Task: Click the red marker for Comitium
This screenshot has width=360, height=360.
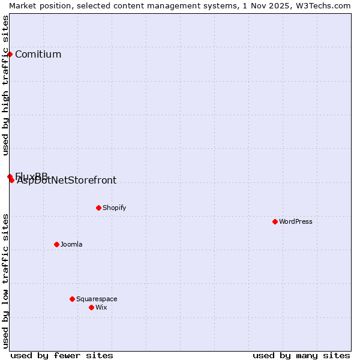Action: (x=10, y=54)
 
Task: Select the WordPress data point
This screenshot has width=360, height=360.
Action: (x=275, y=221)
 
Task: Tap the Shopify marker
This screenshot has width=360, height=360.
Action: (x=98, y=208)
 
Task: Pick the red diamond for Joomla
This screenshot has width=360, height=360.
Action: (x=56, y=244)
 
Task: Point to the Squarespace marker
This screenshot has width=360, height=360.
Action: (x=72, y=299)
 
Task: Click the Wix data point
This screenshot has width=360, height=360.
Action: (x=91, y=307)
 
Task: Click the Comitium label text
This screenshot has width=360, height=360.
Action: (x=38, y=54)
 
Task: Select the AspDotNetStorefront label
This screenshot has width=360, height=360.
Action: (x=67, y=181)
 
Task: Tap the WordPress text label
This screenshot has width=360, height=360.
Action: (x=296, y=221)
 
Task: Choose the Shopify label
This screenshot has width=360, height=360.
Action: (x=114, y=208)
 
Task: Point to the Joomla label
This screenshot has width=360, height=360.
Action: (x=71, y=244)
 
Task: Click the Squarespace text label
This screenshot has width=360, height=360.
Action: (x=97, y=299)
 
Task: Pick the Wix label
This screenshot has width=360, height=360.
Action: (x=101, y=307)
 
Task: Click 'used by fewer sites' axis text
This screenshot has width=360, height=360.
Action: (x=62, y=355)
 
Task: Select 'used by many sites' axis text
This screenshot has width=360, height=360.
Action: (x=301, y=355)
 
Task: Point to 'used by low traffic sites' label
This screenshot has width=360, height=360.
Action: (x=5, y=280)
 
